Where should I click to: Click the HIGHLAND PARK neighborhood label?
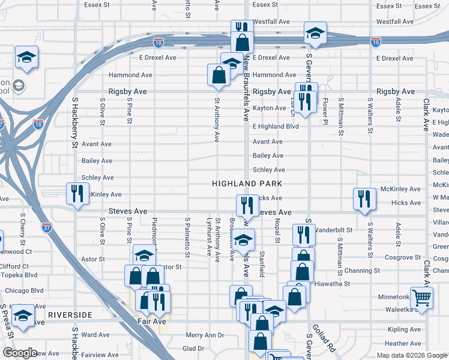246,182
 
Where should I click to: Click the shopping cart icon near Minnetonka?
422,297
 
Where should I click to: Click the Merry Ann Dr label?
205,335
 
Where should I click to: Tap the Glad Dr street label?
193,348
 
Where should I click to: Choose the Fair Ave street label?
149,321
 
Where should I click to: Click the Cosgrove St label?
403,257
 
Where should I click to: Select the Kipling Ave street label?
405,329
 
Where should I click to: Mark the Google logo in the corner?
20,353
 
